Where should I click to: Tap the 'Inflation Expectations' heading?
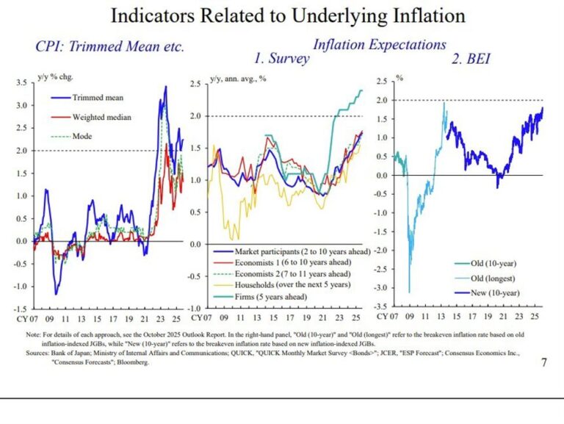(379, 44)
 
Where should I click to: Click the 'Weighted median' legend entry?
(102, 117)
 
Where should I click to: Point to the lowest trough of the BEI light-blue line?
(409, 292)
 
